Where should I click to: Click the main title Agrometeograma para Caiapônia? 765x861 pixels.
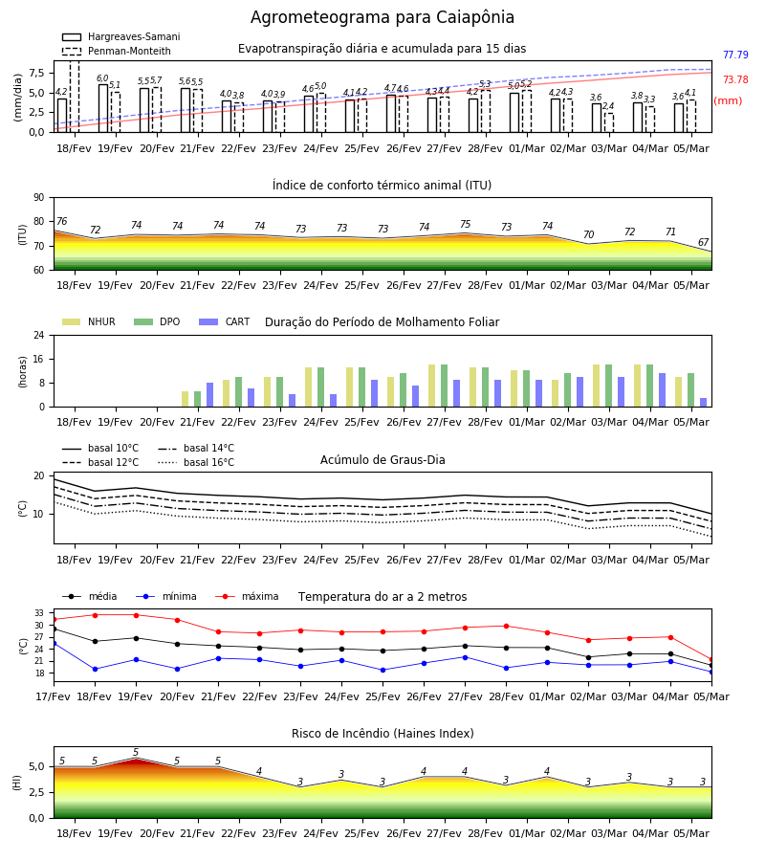pos(382,17)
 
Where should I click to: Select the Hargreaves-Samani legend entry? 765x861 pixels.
pos(121,36)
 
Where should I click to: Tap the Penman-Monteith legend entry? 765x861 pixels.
pos(117,51)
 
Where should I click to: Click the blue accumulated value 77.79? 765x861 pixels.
pos(735,55)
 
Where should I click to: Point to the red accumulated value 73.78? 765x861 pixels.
pos(735,79)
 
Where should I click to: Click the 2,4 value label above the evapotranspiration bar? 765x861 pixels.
pos(608,106)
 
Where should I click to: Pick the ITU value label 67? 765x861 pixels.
pos(704,242)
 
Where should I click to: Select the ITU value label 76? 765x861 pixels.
pos(61,221)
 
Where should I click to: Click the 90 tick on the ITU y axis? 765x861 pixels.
pos(39,198)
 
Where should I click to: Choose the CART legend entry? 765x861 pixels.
pos(225,321)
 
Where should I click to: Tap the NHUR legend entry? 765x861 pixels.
pos(89,321)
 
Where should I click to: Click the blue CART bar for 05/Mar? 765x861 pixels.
pos(704,403)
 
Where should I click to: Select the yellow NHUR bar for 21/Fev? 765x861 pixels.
pos(185,399)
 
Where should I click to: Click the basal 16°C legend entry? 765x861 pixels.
pos(196,462)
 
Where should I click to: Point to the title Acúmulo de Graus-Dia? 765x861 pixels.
pos(382,460)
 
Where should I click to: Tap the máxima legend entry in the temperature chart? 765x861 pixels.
pos(247,596)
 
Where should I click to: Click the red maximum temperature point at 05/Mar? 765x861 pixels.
pos(711,659)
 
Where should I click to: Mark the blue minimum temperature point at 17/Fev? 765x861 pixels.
pos(54,643)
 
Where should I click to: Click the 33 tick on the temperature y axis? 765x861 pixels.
pos(39,613)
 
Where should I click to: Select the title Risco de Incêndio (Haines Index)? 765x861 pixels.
pos(382,734)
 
